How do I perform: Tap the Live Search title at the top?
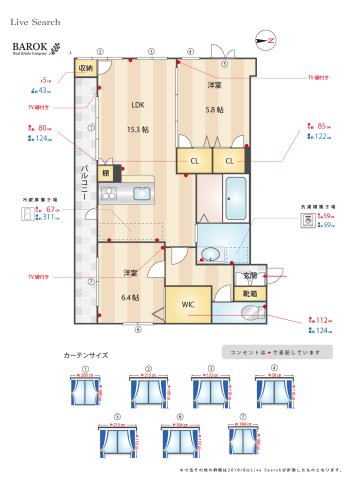35,20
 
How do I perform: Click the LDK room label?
138,104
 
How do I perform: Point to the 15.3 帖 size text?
138,129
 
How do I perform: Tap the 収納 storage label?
86,69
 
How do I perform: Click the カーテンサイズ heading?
86,355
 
